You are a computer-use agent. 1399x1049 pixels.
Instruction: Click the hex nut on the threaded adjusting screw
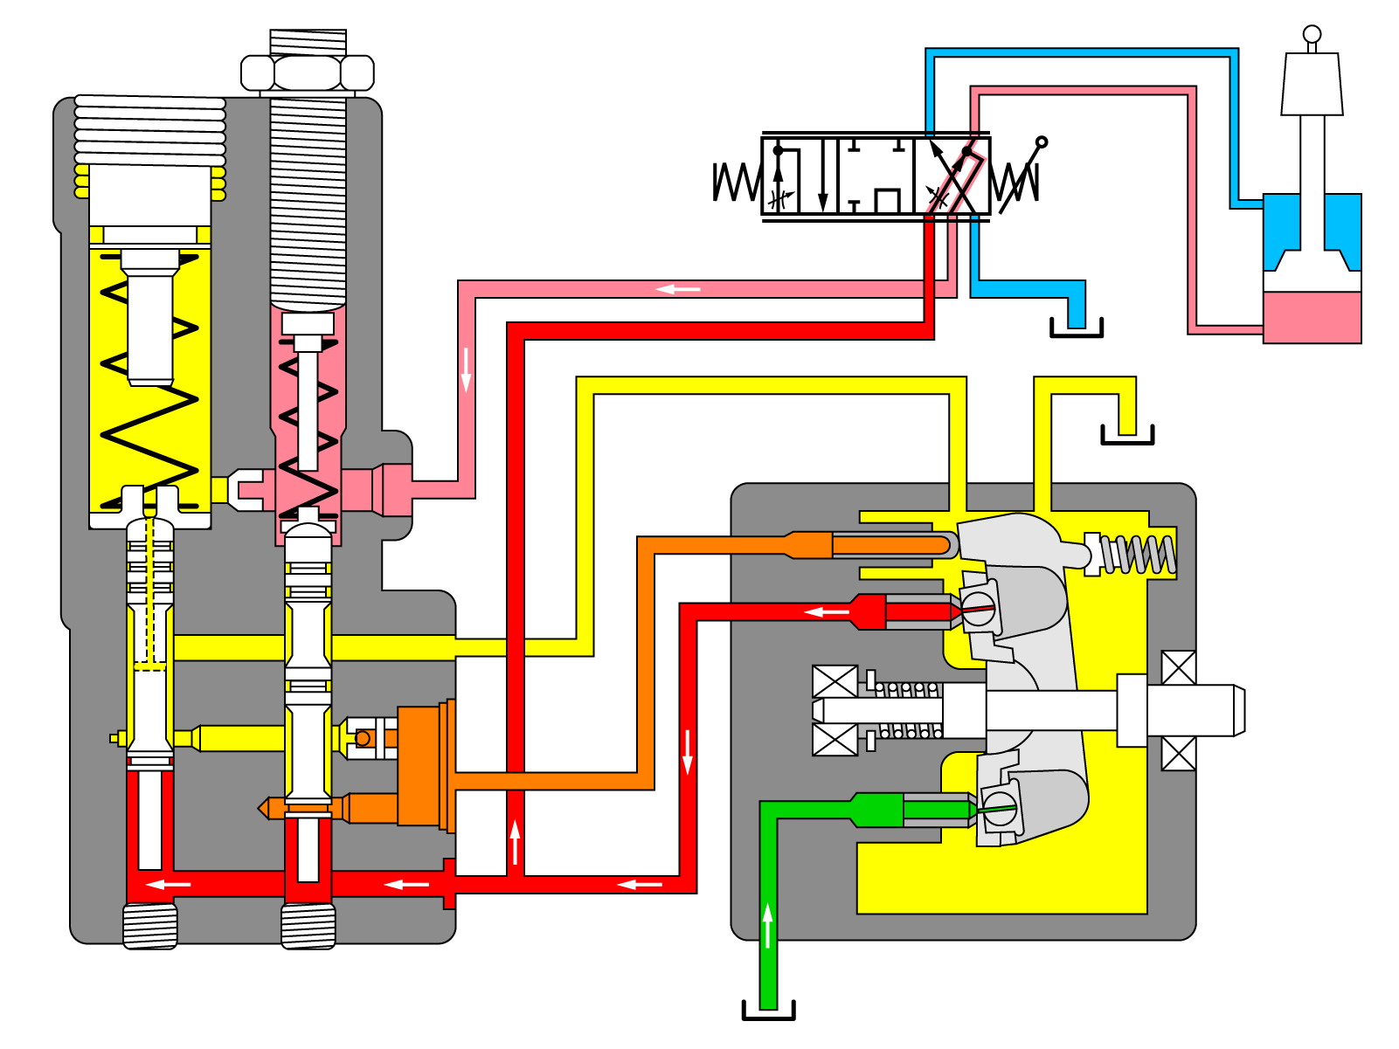click(x=307, y=72)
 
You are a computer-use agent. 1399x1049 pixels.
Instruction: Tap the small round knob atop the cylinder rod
click(x=1312, y=34)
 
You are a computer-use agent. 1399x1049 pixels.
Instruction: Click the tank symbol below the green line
click(x=768, y=1011)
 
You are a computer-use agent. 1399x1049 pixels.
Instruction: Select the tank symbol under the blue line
click(x=1076, y=329)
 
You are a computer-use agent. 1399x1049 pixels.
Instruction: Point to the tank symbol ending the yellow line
click(x=1127, y=436)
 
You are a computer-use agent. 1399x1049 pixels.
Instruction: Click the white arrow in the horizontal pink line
click(x=678, y=289)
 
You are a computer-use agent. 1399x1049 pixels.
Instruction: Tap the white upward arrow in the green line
click(x=767, y=926)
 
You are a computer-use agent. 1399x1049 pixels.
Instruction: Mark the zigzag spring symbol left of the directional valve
click(x=737, y=183)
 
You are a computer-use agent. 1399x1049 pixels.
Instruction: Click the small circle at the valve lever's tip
click(x=1041, y=142)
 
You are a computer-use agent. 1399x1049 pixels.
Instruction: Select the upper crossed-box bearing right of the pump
click(x=1178, y=668)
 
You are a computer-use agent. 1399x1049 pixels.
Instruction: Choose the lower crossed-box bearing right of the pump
click(x=1178, y=753)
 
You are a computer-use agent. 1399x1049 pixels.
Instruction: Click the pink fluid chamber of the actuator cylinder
click(x=1312, y=316)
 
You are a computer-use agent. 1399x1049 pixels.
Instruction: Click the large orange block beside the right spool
click(x=419, y=764)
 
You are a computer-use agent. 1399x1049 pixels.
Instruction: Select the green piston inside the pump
click(x=935, y=811)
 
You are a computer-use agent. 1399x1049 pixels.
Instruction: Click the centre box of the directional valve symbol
click(x=876, y=176)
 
